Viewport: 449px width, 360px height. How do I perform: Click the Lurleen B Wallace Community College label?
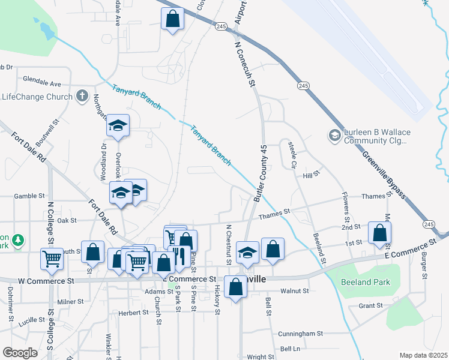[375, 137]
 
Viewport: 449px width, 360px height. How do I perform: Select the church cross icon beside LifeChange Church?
[82, 96]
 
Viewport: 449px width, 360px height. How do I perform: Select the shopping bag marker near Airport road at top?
[173, 18]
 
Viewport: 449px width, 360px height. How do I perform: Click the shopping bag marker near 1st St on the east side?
[379, 233]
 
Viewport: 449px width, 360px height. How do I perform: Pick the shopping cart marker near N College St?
[52, 259]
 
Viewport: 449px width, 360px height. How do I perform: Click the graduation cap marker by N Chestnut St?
[247, 253]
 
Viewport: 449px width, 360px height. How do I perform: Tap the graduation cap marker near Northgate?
[118, 126]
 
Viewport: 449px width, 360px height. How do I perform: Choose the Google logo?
[20, 353]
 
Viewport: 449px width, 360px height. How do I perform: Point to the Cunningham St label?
[300, 333]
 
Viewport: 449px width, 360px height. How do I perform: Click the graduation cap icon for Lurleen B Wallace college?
[333, 137]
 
